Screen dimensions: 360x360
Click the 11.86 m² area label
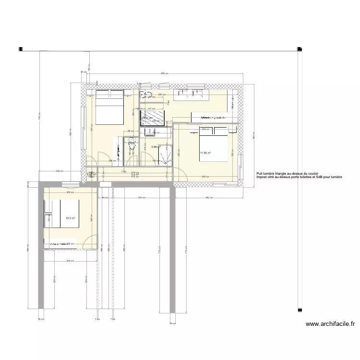pyautogui.click(x=206, y=154)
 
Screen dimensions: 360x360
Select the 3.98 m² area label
pyautogui.click(x=155, y=147)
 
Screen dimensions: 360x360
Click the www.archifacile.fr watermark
pyautogui.click(x=330, y=324)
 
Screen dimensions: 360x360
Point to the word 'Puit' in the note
pyautogui.click(x=260, y=174)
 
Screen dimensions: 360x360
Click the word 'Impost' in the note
pyautogui.click(x=262, y=177)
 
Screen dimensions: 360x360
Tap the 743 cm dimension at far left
pyautogui.click(x=40, y=115)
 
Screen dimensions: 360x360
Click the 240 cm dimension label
pyautogui.click(x=60, y=170)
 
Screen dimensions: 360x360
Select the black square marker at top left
pyautogui.click(x=20, y=49)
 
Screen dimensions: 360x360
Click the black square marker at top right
pyautogui.click(x=300, y=49)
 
